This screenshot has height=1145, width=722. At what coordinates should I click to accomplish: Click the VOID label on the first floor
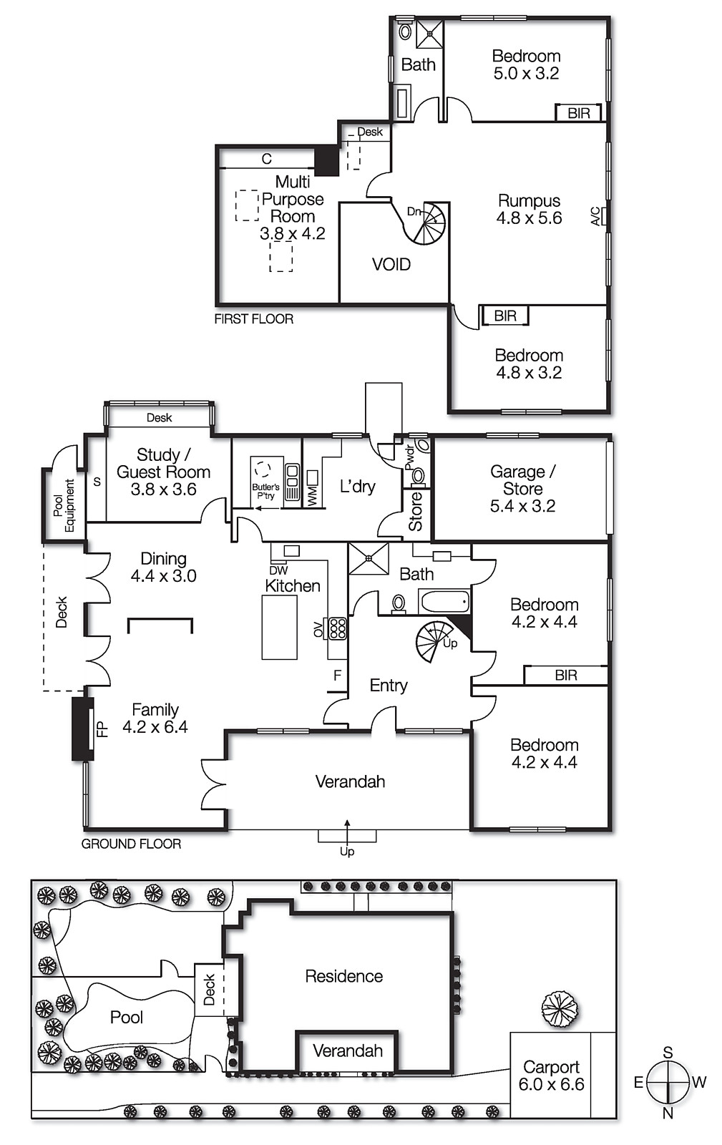[x=391, y=264]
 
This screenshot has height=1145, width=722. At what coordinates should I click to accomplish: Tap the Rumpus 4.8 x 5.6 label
[x=529, y=209]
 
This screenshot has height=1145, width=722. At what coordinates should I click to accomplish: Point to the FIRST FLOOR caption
[x=253, y=319]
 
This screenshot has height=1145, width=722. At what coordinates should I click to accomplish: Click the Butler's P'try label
[x=265, y=491]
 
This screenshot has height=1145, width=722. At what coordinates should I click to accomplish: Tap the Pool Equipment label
[x=64, y=505]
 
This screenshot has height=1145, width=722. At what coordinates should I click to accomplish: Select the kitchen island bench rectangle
[x=280, y=627]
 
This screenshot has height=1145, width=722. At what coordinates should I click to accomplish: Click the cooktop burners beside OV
[x=338, y=629]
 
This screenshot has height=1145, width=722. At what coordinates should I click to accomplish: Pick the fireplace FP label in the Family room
[x=102, y=729]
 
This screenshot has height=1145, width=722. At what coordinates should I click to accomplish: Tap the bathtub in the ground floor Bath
[x=444, y=601]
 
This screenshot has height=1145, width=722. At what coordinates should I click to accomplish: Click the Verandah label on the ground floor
[x=350, y=781]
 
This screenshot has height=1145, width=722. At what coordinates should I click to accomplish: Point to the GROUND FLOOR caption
[x=132, y=844]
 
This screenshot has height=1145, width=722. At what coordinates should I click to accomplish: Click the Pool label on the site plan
[x=126, y=1017]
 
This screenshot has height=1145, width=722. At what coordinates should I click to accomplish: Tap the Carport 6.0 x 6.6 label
[x=551, y=1076]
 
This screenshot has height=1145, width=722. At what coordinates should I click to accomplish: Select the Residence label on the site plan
[x=344, y=976]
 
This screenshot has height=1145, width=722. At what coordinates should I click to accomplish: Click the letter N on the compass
[x=668, y=1113]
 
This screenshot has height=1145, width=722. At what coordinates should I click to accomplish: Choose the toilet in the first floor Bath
[x=405, y=31]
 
